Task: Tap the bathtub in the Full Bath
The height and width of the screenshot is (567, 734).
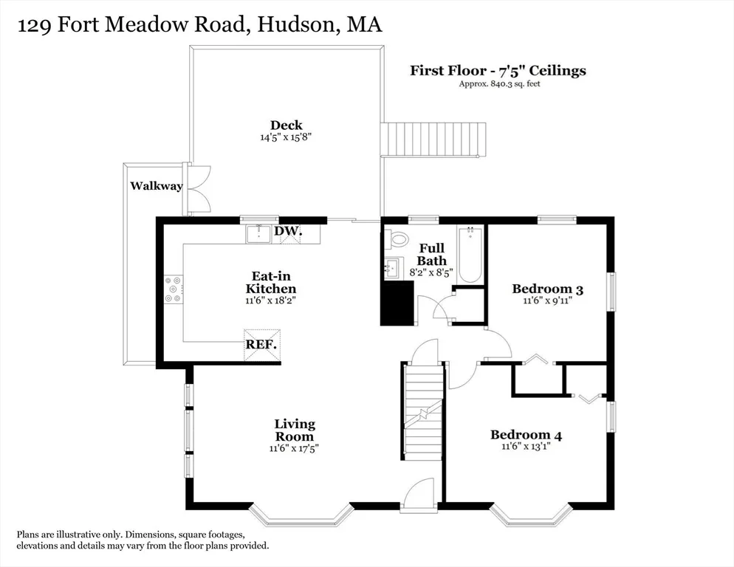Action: point(470,254)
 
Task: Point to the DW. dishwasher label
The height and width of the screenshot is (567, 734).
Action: point(288,231)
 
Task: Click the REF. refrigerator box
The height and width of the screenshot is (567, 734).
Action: point(262,345)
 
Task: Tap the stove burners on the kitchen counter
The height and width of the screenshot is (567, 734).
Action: point(174,289)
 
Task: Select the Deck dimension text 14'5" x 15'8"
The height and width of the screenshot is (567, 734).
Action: point(286,137)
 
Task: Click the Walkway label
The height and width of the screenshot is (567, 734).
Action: point(157,186)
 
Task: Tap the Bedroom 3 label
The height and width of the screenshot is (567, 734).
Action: point(548,289)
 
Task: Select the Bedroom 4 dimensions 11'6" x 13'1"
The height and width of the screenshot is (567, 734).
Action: point(526,446)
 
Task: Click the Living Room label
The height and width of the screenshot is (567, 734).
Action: point(295,430)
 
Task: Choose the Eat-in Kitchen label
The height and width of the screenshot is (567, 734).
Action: point(271,282)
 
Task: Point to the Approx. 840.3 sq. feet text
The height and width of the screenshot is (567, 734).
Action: point(499,84)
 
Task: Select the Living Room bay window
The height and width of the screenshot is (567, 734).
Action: point(301,518)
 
